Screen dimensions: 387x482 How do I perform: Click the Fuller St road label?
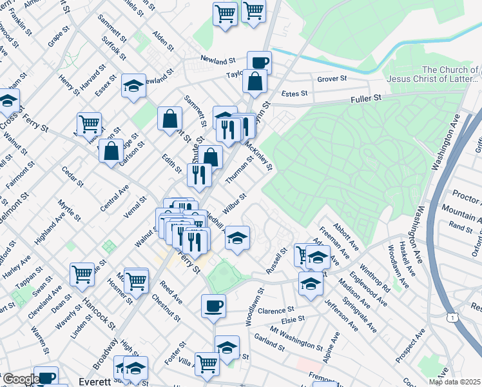point(367,98)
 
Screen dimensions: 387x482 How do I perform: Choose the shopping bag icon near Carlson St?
point(111,151)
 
